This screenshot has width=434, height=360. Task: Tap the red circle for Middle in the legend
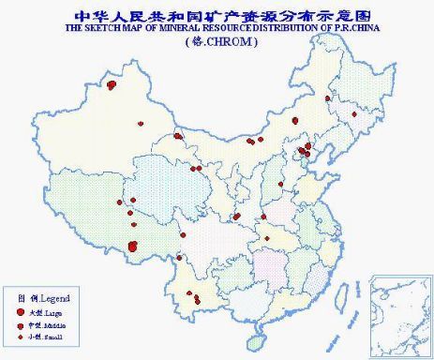(x=21, y=324)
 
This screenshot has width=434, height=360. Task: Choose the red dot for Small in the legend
(x=21, y=337)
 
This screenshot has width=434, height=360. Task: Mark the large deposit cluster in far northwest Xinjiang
(x=112, y=84)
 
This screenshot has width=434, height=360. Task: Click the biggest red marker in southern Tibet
(x=132, y=246)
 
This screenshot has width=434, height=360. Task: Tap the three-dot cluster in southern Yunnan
(x=196, y=300)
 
